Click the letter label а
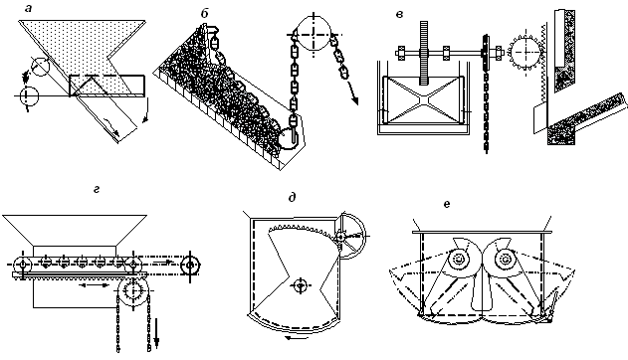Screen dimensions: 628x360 28,8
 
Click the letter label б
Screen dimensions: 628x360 205,13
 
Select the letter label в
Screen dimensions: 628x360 399,14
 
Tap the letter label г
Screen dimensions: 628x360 97,189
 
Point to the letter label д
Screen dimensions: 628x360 292,197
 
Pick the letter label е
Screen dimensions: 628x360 447,204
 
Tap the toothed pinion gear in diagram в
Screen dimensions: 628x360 525,52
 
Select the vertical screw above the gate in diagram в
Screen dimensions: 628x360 424,53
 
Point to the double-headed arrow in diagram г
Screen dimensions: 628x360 94,284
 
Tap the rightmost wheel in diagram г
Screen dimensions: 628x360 190,265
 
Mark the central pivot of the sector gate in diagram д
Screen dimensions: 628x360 300,285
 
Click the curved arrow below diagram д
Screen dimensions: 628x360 297,338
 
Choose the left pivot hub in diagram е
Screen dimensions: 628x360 458,260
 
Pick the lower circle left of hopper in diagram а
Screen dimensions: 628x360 28,96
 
